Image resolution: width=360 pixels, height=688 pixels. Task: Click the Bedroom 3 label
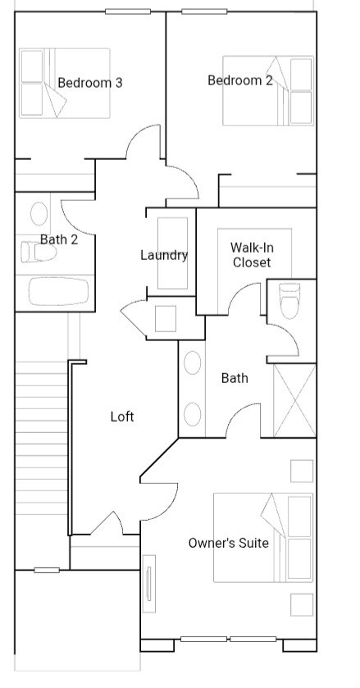(x=90, y=83)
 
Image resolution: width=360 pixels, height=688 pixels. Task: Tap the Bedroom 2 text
(x=240, y=80)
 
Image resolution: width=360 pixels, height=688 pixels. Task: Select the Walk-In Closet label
(x=251, y=255)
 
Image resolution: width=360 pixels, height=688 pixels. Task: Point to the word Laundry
(x=164, y=255)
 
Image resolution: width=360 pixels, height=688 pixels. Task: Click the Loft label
(x=122, y=417)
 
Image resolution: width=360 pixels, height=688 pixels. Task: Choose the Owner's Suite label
(x=228, y=543)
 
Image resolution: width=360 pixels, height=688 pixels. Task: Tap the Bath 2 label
(x=59, y=239)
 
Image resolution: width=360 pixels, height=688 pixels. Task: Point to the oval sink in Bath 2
(x=39, y=214)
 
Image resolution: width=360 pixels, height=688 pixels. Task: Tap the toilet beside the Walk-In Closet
(x=291, y=300)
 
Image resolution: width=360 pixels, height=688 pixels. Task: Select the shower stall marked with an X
(x=294, y=400)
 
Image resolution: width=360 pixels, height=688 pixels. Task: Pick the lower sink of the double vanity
(x=193, y=413)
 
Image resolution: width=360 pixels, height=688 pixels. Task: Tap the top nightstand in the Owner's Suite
(x=301, y=472)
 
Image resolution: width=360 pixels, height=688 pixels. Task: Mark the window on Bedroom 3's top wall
(x=127, y=11)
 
